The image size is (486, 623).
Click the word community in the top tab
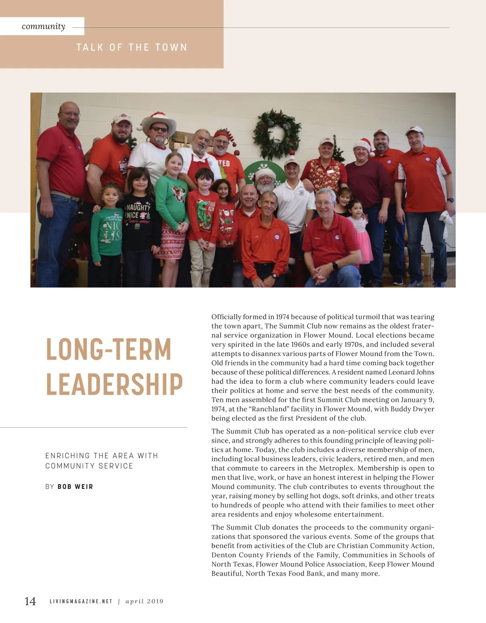click(x=43, y=26)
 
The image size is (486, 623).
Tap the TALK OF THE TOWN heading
click(x=132, y=47)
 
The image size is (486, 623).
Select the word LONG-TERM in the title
click(x=109, y=349)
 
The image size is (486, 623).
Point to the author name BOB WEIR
click(x=75, y=486)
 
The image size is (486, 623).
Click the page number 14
click(x=30, y=601)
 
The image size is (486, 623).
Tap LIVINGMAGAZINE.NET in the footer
click(x=81, y=602)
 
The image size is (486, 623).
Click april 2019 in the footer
click(x=144, y=602)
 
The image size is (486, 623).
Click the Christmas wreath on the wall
click(x=277, y=134)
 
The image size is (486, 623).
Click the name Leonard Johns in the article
click(x=411, y=372)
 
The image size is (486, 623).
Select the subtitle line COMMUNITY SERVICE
click(x=89, y=466)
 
